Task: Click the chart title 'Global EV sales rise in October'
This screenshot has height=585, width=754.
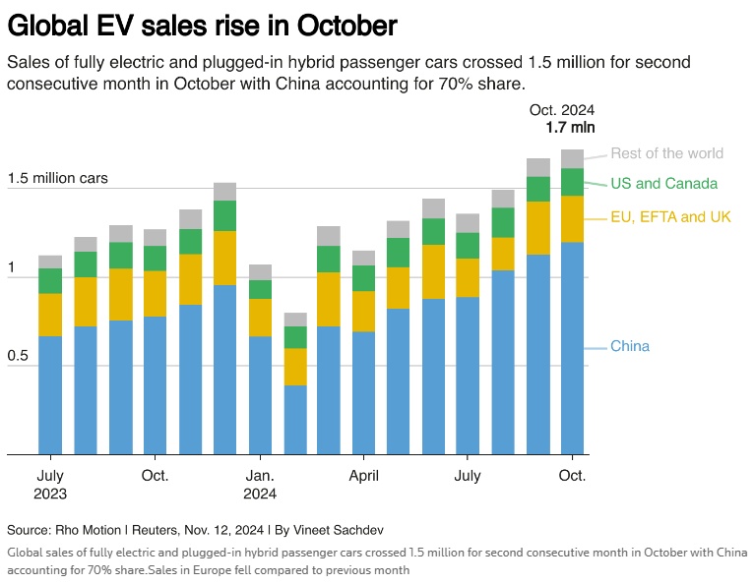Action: [x=202, y=24]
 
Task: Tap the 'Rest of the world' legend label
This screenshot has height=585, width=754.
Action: [x=666, y=153]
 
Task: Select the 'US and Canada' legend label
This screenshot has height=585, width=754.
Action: [x=663, y=184]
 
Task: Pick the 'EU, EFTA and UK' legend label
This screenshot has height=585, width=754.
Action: [x=670, y=216]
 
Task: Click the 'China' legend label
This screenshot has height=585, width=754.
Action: [x=630, y=346]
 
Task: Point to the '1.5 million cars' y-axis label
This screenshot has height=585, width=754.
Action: [x=57, y=179]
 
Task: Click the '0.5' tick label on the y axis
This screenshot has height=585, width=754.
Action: [x=19, y=356]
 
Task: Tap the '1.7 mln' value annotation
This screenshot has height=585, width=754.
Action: [x=570, y=127]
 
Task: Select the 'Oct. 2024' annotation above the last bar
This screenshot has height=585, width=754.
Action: [x=562, y=110]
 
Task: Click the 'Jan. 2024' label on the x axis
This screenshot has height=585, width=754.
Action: [x=260, y=485]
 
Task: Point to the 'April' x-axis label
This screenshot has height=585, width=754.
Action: [x=364, y=476]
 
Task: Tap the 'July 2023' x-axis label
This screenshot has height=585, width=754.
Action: [x=50, y=485]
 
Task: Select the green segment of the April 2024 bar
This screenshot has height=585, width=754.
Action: [x=363, y=278]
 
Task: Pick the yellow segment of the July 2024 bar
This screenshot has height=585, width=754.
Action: [x=469, y=277]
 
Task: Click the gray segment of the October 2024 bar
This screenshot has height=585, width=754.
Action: [x=573, y=158]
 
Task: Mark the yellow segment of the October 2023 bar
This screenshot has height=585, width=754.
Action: [x=156, y=293]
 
